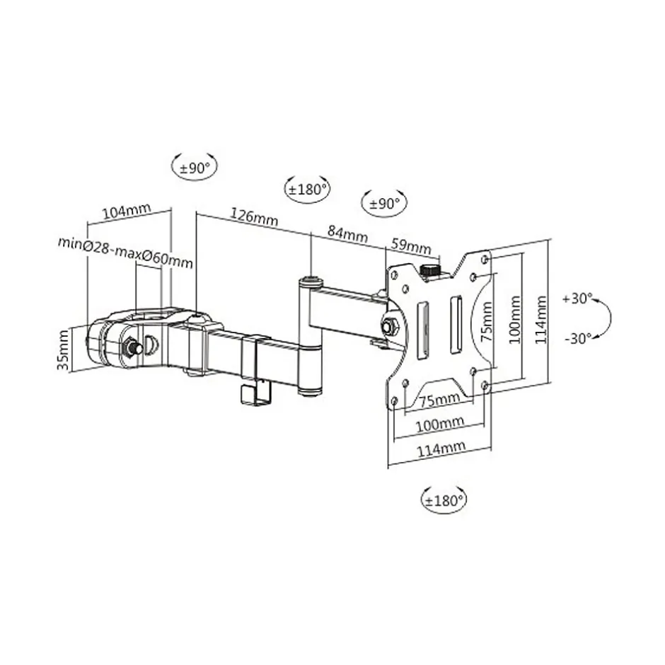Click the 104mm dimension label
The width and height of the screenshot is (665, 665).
click(x=127, y=211)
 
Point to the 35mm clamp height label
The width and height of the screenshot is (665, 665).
click(x=63, y=349)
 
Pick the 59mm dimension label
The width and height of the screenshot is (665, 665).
click(x=411, y=247)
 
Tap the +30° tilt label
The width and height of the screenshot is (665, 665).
click(x=577, y=299)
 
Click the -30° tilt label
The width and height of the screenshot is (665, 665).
click(x=577, y=338)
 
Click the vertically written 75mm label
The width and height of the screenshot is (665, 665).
click(x=487, y=322)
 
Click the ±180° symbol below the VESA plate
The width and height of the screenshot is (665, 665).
click(x=443, y=499)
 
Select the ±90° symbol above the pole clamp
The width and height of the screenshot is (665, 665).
click(x=194, y=168)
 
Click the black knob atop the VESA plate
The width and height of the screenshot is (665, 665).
click(x=429, y=270)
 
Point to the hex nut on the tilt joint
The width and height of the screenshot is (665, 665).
click(x=389, y=326)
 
